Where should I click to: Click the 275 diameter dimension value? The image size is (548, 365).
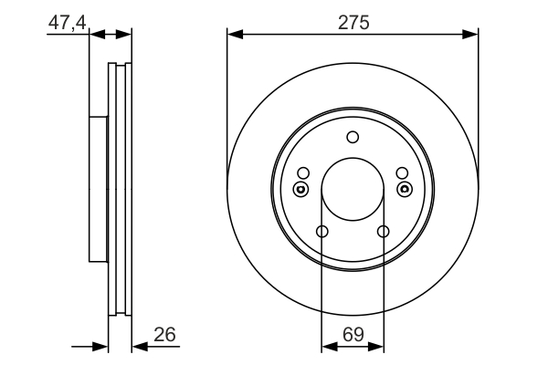[x=353, y=23]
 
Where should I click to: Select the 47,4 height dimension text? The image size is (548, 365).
[x=67, y=24]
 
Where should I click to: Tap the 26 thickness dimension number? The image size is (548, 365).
[x=164, y=335]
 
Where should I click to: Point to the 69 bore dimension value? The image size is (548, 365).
[x=353, y=335]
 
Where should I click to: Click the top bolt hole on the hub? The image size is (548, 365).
[x=353, y=137]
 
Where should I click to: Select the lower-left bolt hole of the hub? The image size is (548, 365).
[x=321, y=231]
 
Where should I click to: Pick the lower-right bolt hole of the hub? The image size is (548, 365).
[x=384, y=231]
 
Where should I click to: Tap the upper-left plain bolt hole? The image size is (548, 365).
[x=303, y=172]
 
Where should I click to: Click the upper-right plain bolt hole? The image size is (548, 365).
[x=402, y=172]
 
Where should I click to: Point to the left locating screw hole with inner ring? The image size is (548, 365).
[x=300, y=189]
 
